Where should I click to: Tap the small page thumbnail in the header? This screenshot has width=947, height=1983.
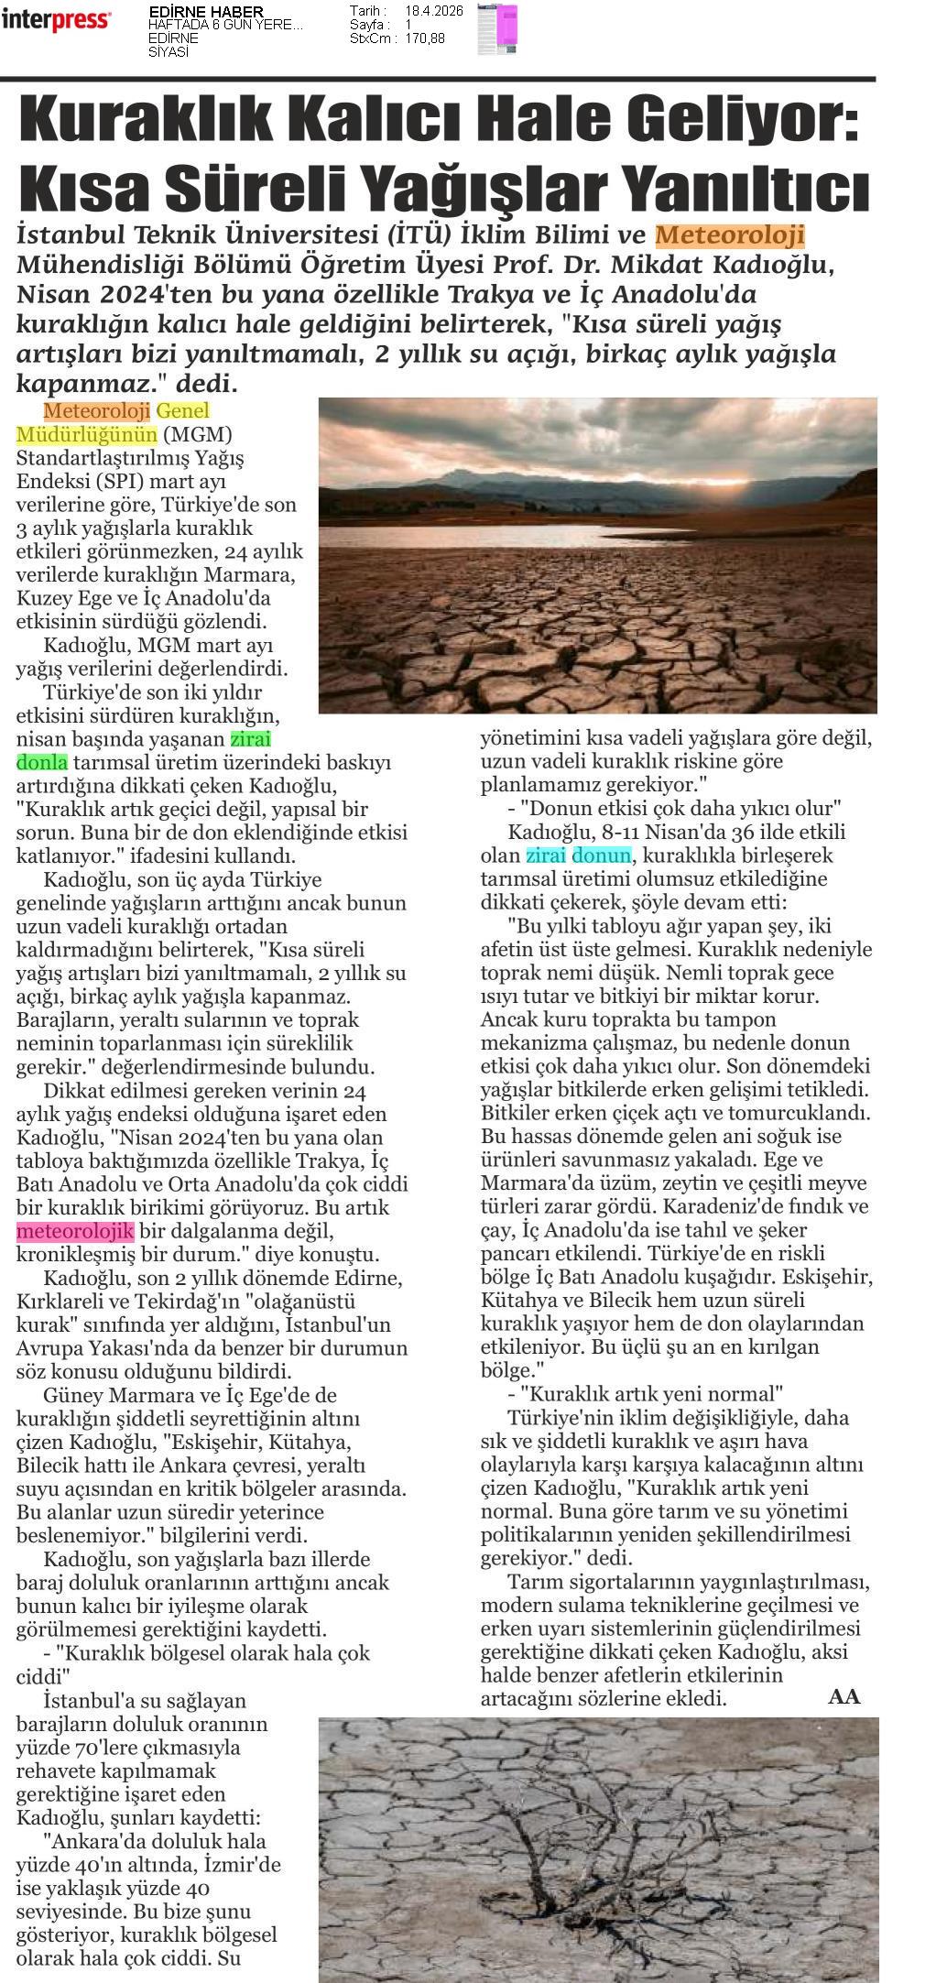(x=497, y=29)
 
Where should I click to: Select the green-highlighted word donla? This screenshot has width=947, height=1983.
(x=42, y=762)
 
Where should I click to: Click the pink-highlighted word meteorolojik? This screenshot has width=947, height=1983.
(x=75, y=1230)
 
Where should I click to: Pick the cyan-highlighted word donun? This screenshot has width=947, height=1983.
(x=601, y=855)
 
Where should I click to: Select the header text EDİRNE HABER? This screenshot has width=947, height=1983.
(x=192, y=11)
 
